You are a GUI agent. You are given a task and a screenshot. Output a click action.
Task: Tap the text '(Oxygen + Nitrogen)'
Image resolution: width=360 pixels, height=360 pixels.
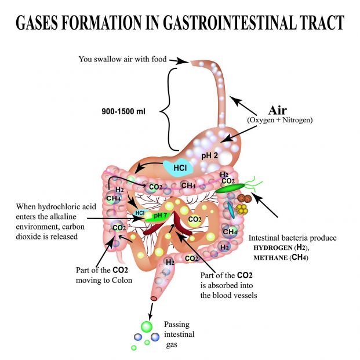coord(279,120)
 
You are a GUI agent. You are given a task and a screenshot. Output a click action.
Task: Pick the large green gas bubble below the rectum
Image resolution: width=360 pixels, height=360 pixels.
coord(146,326)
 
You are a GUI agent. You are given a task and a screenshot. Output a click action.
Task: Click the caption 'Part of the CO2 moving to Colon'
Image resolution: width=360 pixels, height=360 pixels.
coord(104,275)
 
